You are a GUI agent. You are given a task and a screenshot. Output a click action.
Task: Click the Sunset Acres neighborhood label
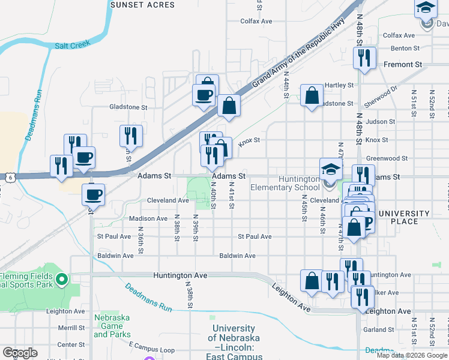142,5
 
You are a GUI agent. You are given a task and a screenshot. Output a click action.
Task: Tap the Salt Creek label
72,44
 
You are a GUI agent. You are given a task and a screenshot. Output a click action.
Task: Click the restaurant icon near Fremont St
364,58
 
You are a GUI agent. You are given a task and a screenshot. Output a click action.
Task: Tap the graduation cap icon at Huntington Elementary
331,169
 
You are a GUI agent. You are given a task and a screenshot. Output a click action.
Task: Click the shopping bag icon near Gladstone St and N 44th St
312,95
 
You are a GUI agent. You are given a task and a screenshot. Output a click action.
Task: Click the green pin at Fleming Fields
61,278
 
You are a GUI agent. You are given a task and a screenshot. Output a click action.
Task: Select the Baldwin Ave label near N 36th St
115,256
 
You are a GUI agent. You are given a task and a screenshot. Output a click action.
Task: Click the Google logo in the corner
19,353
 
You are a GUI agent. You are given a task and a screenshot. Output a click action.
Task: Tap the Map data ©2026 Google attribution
412,355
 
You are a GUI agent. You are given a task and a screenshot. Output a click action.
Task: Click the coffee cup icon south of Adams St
93,194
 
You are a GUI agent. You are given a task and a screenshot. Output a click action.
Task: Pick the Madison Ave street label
148,218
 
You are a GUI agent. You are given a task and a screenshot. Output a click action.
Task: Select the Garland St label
378,329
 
